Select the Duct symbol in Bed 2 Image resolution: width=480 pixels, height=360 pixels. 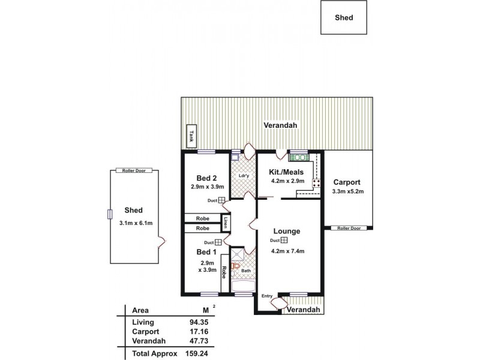tap(221, 201)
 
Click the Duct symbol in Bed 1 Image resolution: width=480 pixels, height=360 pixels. tap(218, 242)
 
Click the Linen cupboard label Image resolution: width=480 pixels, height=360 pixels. tap(226, 223)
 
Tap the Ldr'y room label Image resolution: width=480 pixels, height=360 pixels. tap(244, 175)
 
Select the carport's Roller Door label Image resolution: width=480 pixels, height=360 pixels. tap(348, 228)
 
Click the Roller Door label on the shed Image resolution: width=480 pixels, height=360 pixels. tap(134, 171)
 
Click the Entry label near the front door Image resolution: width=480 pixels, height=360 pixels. tap(266, 296)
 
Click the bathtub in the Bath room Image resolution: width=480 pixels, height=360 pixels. tap(244, 286)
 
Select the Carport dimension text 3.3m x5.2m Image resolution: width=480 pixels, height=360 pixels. tap(348, 191)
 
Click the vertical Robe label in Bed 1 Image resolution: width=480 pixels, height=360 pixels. tap(224, 272)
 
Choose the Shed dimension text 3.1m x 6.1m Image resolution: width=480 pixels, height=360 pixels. tap(136, 223)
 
